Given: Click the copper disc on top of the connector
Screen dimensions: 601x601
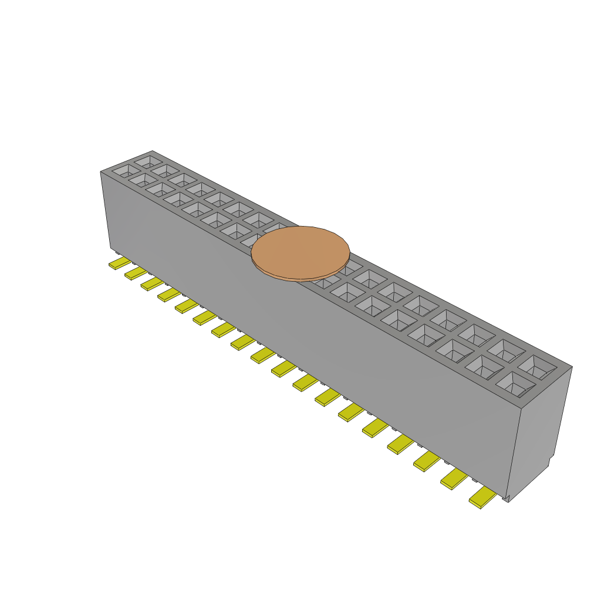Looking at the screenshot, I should point(300,251).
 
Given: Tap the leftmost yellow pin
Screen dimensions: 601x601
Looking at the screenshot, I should point(119,263).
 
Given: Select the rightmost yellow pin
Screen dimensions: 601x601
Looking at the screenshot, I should point(482,498).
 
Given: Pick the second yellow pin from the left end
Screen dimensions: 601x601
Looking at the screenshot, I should point(135,273).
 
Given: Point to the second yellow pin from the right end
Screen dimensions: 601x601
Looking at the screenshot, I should point(453,480).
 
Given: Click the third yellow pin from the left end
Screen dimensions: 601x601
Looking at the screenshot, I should point(151,283).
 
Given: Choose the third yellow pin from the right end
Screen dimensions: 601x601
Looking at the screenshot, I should point(426,462).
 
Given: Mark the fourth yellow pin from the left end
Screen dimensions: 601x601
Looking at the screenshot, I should point(168,294).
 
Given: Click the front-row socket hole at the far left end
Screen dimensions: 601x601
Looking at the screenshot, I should point(124,171).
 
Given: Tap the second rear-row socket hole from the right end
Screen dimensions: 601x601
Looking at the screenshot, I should point(506,350).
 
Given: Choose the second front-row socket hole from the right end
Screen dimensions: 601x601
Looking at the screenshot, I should point(484,366).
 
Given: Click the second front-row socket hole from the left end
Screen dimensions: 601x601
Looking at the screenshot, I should point(141,180).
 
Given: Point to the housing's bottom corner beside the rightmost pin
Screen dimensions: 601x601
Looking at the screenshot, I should point(507,498).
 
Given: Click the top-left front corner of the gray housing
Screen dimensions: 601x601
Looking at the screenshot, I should point(102,173).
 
